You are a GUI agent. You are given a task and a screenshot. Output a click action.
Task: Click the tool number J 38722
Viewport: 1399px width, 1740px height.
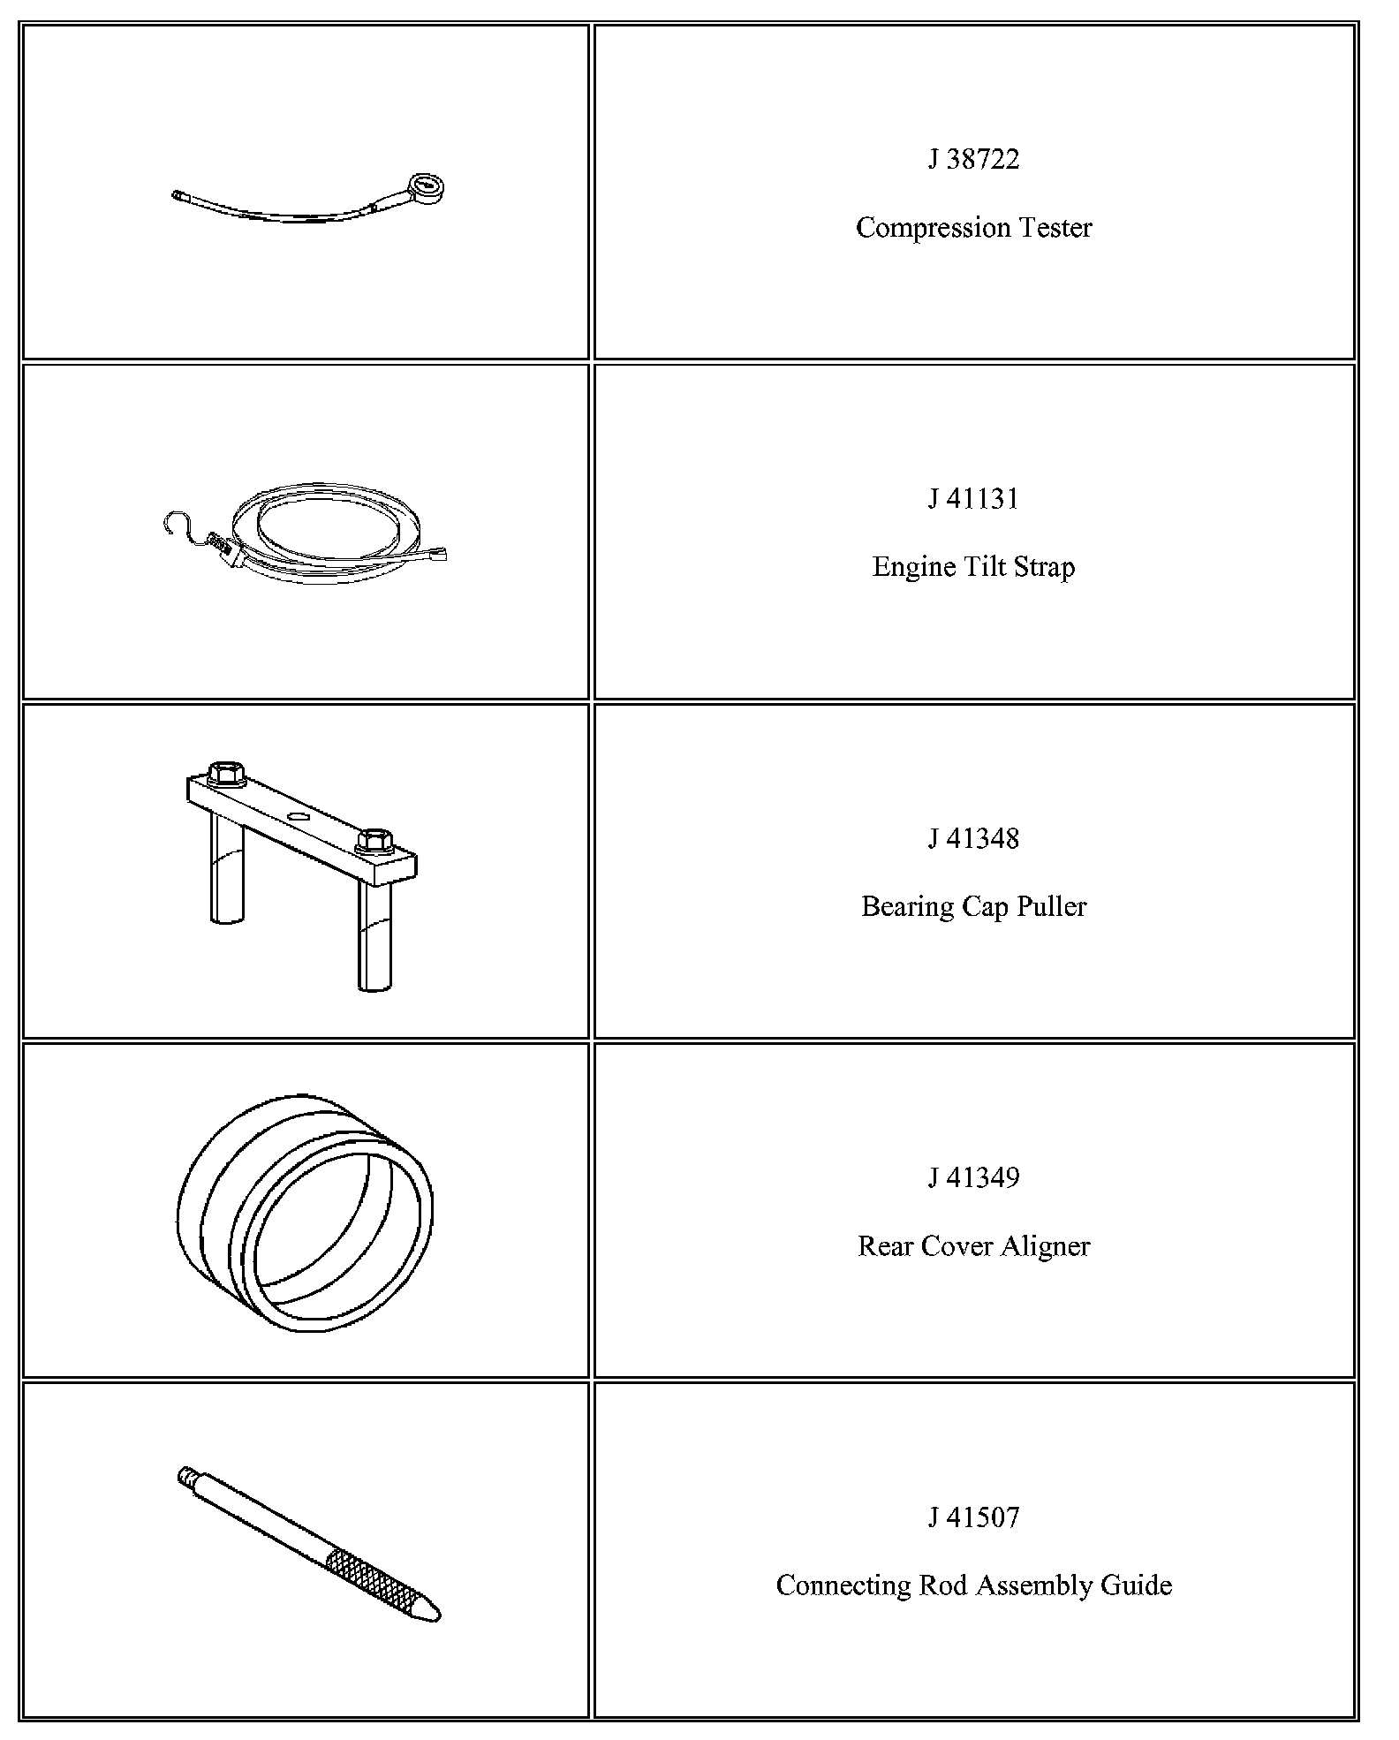pos(973,159)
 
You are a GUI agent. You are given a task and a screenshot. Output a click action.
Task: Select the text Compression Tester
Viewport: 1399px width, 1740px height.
pos(973,228)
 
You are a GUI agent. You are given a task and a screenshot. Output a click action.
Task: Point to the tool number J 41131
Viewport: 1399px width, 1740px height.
pos(973,499)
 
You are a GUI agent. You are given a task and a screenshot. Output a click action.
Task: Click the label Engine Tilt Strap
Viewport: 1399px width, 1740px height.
pos(973,567)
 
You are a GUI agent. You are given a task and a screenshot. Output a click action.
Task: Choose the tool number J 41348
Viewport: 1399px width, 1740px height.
pos(973,838)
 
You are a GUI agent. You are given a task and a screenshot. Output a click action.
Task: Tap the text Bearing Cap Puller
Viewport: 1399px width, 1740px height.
pos(973,907)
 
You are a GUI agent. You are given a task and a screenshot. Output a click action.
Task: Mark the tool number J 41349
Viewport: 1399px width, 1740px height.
pos(973,1177)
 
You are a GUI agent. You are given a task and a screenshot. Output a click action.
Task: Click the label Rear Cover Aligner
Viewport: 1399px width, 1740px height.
pos(973,1246)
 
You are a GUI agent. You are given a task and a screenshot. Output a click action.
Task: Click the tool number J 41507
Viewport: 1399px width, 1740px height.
pos(973,1517)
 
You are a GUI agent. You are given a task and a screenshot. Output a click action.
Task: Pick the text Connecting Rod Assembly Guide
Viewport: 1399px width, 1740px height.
pos(973,1585)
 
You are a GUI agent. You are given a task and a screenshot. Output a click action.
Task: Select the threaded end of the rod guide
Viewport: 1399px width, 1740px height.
pos(186,1474)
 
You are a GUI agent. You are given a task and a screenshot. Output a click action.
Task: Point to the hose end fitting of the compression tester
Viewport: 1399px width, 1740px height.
pos(180,196)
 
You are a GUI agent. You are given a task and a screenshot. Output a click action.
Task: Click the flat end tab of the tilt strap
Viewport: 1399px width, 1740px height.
pos(436,556)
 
